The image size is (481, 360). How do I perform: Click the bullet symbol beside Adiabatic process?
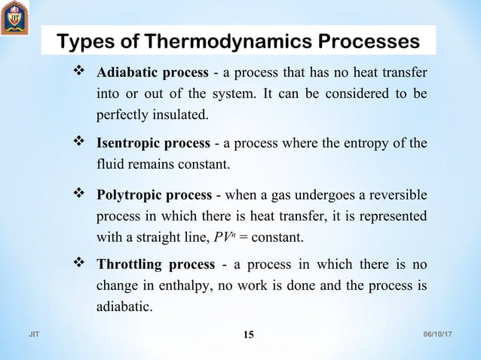tap(80, 73)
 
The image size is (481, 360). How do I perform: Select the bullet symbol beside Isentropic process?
tap(80, 142)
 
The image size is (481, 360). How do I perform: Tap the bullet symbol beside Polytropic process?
tap(80, 196)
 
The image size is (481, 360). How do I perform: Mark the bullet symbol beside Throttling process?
tap(80, 264)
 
